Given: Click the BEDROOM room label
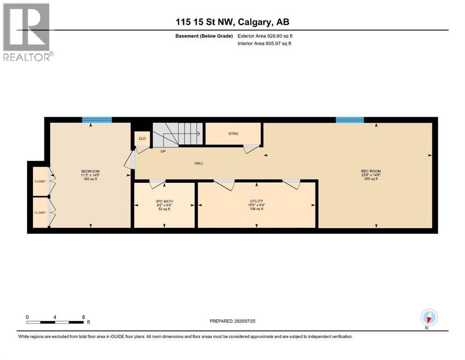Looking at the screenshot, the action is (x=90, y=171).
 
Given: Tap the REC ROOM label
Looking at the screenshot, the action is (x=371, y=171).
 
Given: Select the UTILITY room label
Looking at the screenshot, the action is (x=257, y=201).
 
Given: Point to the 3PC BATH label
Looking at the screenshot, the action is (x=164, y=201).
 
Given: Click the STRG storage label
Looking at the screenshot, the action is (x=233, y=134).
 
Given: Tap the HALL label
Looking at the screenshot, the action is (x=199, y=163).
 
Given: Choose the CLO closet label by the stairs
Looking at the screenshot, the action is (x=142, y=139).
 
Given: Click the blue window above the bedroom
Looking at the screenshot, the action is (x=97, y=120).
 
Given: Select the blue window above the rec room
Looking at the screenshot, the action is (x=350, y=120).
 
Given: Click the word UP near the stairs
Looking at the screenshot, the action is (x=163, y=151).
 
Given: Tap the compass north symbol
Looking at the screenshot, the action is (x=429, y=318).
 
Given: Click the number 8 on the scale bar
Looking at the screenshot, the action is (x=83, y=317).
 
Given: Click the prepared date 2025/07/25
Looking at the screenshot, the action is (x=244, y=321).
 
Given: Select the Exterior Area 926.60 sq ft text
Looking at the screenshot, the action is (x=265, y=36).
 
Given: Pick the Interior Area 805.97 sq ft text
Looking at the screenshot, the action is (x=264, y=43).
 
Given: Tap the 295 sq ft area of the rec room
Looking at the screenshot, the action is (x=371, y=179).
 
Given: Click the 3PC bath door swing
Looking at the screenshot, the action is (x=157, y=184).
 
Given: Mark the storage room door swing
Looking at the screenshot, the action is (x=251, y=149).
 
